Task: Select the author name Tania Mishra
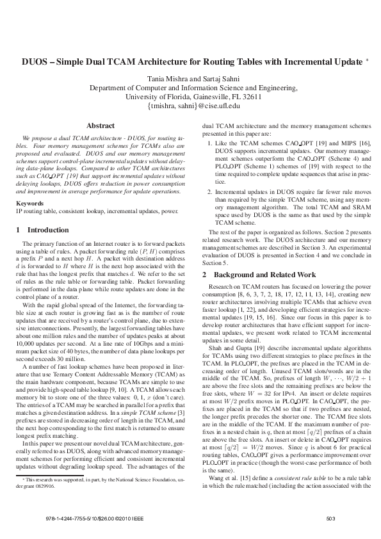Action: click(x=168, y=79)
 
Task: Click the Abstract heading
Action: click(x=101, y=126)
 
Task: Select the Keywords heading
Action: click(x=29, y=186)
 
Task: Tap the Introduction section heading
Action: click(x=46, y=212)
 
